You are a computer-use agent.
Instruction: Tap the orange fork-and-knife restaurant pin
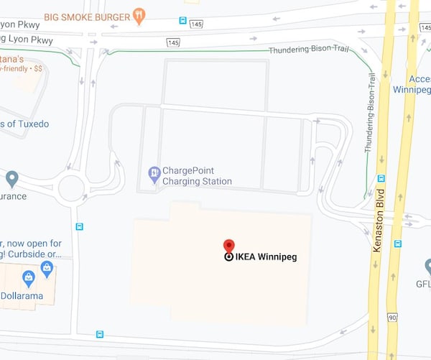pos(139,15)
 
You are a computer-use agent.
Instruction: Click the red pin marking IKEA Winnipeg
pos(228,246)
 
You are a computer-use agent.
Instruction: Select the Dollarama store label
pos(22,295)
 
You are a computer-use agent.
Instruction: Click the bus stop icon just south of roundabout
pos(79,226)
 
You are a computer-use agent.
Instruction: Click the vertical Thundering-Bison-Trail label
pos(371,114)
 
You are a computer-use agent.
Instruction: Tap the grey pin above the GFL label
pos(428,266)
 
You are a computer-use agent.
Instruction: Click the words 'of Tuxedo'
pos(26,124)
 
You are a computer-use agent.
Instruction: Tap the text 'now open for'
pos(32,244)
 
